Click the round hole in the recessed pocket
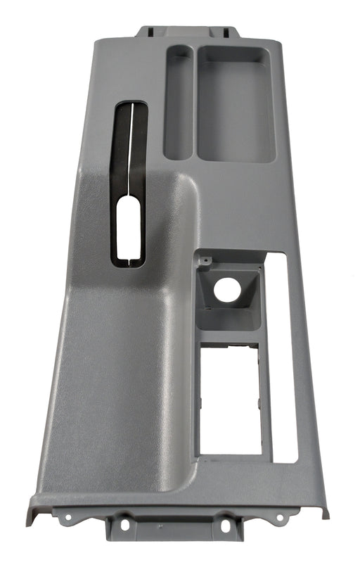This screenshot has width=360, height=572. [x=226, y=291]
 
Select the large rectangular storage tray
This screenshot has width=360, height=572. [x=235, y=103]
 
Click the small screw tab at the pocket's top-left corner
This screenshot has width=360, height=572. [x=205, y=261]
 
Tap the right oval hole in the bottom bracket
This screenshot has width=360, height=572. [x=227, y=525]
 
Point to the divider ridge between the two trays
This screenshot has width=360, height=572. [x=195, y=102]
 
